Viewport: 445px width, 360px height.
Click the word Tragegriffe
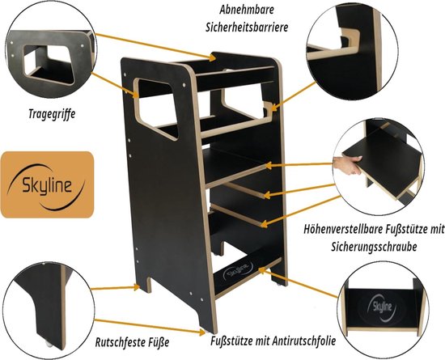tap(52, 114)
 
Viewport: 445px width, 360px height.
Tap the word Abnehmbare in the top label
tap(247, 11)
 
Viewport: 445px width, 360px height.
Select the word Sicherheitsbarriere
tap(247, 28)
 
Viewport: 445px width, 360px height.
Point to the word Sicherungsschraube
tap(374, 247)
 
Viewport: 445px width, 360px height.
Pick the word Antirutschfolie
tap(304, 341)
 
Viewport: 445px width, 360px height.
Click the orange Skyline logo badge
tap(47, 184)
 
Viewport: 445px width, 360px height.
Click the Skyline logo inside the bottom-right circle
tap(382, 307)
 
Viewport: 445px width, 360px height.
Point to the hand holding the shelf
tap(347, 166)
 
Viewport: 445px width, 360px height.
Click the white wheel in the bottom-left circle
tap(49, 343)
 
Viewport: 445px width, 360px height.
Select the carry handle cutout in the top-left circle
tap(50, 63)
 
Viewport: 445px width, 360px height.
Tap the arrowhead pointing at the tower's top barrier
tap(212, 57)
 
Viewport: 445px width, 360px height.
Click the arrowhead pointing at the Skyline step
tap(261, 269)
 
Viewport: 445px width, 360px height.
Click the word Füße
tap(159, 342)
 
